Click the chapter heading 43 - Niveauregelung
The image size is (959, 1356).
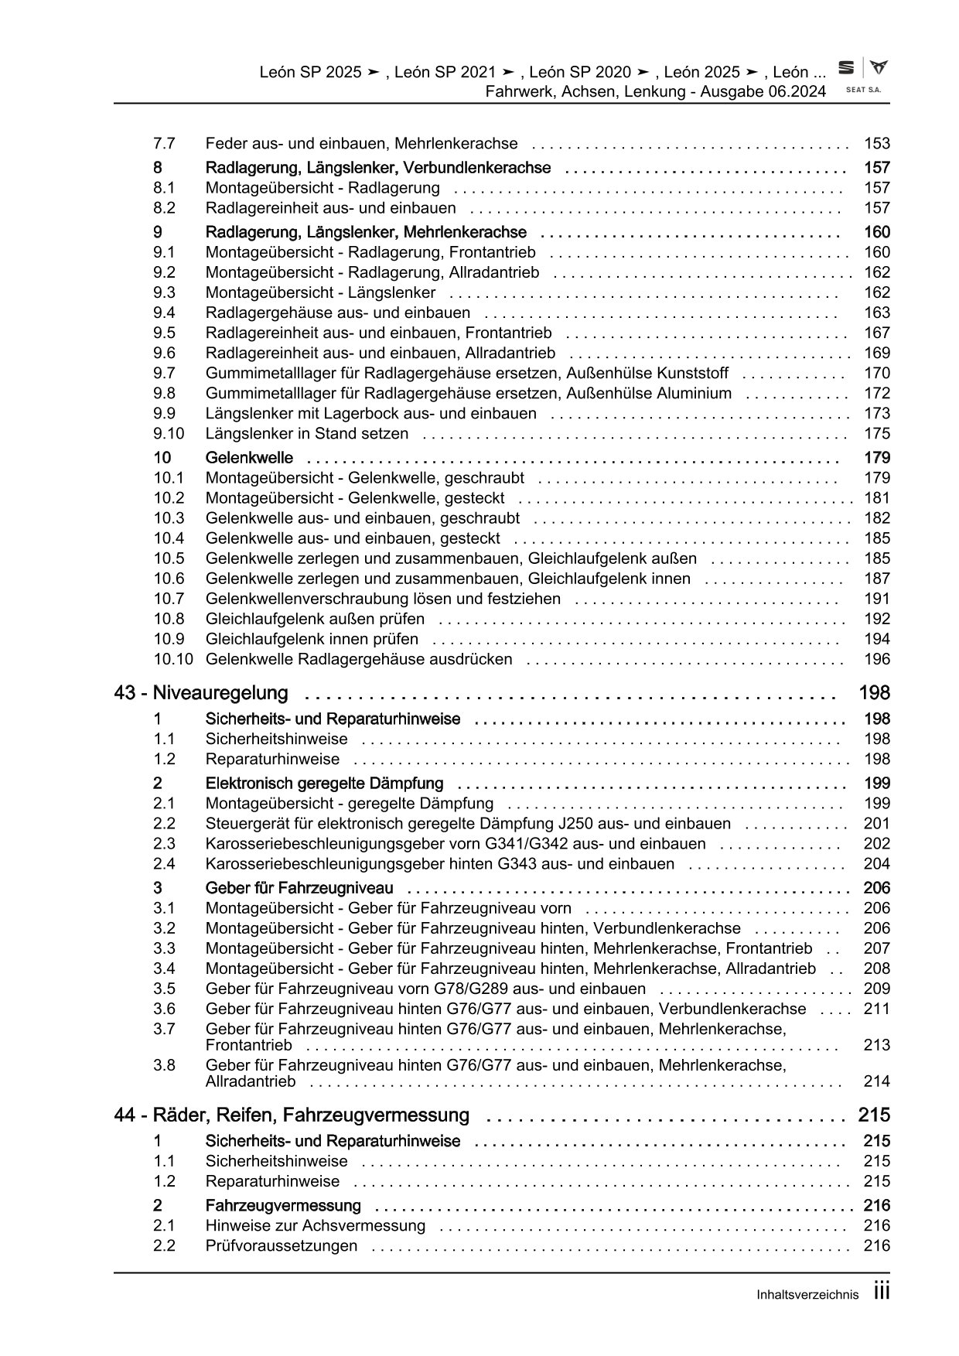[x=201, y=693]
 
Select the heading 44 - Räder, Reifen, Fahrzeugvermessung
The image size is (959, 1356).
[x=292, y=1115]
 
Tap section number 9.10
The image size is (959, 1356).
[x=169, y=434]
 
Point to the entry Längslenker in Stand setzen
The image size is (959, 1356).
[x=307, y=434]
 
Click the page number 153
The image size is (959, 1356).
[x=877, y=144]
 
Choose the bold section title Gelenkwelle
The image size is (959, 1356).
[x=249, y=458]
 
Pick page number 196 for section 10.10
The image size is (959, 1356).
[x=877, y=660]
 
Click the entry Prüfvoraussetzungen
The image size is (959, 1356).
[x=282, y=1246]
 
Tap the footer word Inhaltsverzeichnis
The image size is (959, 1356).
[x=807, y=1295]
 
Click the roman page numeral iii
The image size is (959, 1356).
[x=881, y=1293]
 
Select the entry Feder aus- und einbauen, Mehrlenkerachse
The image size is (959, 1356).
[x=361, y=144]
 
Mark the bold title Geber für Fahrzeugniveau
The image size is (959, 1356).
[x=299, y=888]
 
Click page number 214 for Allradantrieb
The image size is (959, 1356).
[x=877, y=1081]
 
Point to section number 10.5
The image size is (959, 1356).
[x=169, y=558]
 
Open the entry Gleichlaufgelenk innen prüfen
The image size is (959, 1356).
[x=312, y=640]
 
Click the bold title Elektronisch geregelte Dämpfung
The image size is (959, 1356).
[x=324, y=784]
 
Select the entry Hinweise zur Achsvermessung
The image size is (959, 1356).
[x=316, y=1226]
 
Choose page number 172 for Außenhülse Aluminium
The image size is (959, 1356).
[x=877, y=394]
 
